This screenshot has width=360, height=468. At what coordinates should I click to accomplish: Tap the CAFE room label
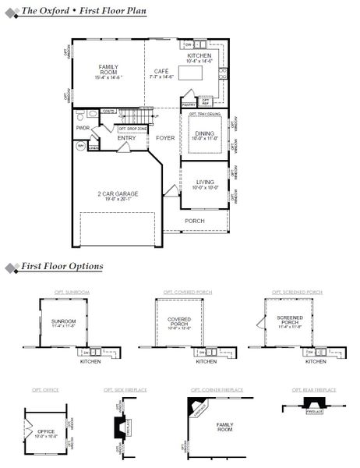(x=161, y=71)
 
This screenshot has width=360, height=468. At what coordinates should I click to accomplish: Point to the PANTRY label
(x=188, y=103)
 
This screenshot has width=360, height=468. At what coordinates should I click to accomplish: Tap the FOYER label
(x=165, y=138)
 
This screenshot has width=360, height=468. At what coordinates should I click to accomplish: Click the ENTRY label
(x=126, y=138)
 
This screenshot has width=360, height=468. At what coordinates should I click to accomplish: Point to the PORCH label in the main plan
(x=195, y=221)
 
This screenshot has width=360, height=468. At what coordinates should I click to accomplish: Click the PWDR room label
(x=83, y=126)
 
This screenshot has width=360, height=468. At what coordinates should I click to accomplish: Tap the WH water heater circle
(x=79, y=145)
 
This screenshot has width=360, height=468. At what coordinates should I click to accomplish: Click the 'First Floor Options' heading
(x=62, y=267)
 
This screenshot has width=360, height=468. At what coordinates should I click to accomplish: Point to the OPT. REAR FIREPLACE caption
(x=313, y=389)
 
